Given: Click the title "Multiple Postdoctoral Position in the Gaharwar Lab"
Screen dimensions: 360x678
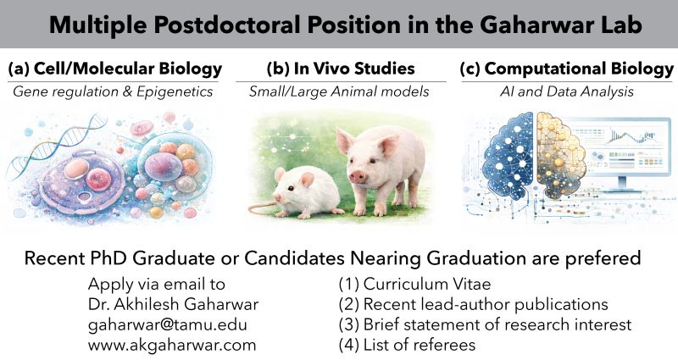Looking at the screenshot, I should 339,23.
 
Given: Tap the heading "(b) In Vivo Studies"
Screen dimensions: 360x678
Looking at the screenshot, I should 339,68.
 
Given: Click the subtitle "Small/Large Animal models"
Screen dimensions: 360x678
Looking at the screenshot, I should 339,91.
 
